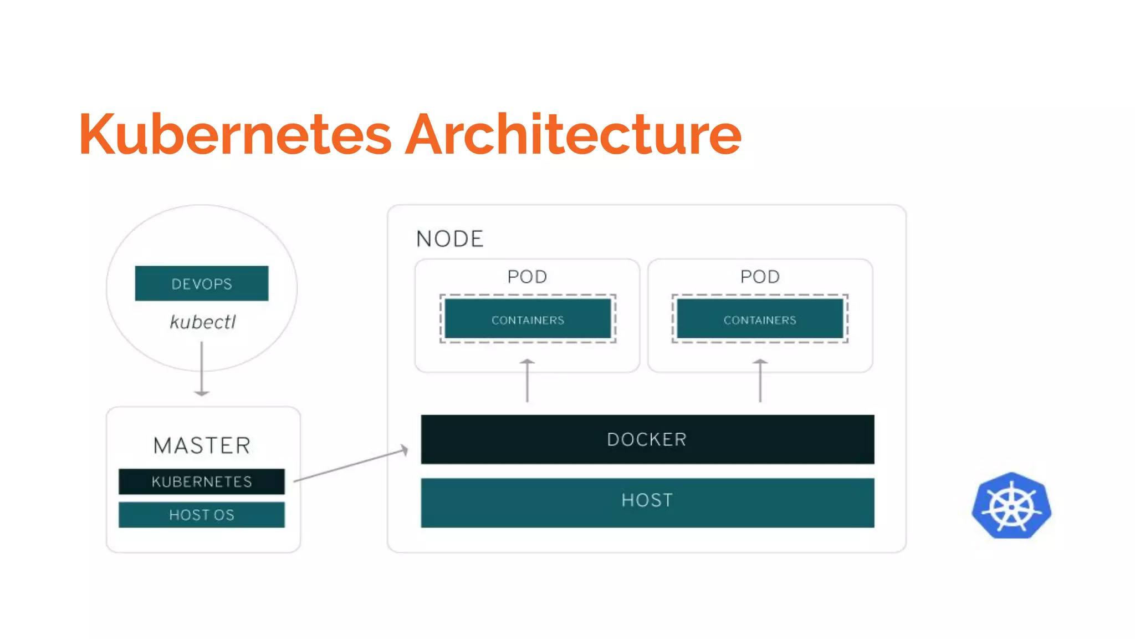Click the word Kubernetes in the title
[235, 134]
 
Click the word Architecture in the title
[573, 134]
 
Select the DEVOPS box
[202, 283]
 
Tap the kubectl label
[203, 322]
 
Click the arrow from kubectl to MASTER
[202, 368]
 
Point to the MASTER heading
[202, 445]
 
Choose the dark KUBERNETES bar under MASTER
[202, 481]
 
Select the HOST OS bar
[202, 515]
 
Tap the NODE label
[450, 239]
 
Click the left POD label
[527, 276]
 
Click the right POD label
[760, 276]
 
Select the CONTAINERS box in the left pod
[528, 319]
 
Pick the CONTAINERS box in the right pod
[760, 319]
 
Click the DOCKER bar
[647, 439]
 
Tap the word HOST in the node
[647, 500]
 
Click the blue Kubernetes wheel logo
[1011, 506]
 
